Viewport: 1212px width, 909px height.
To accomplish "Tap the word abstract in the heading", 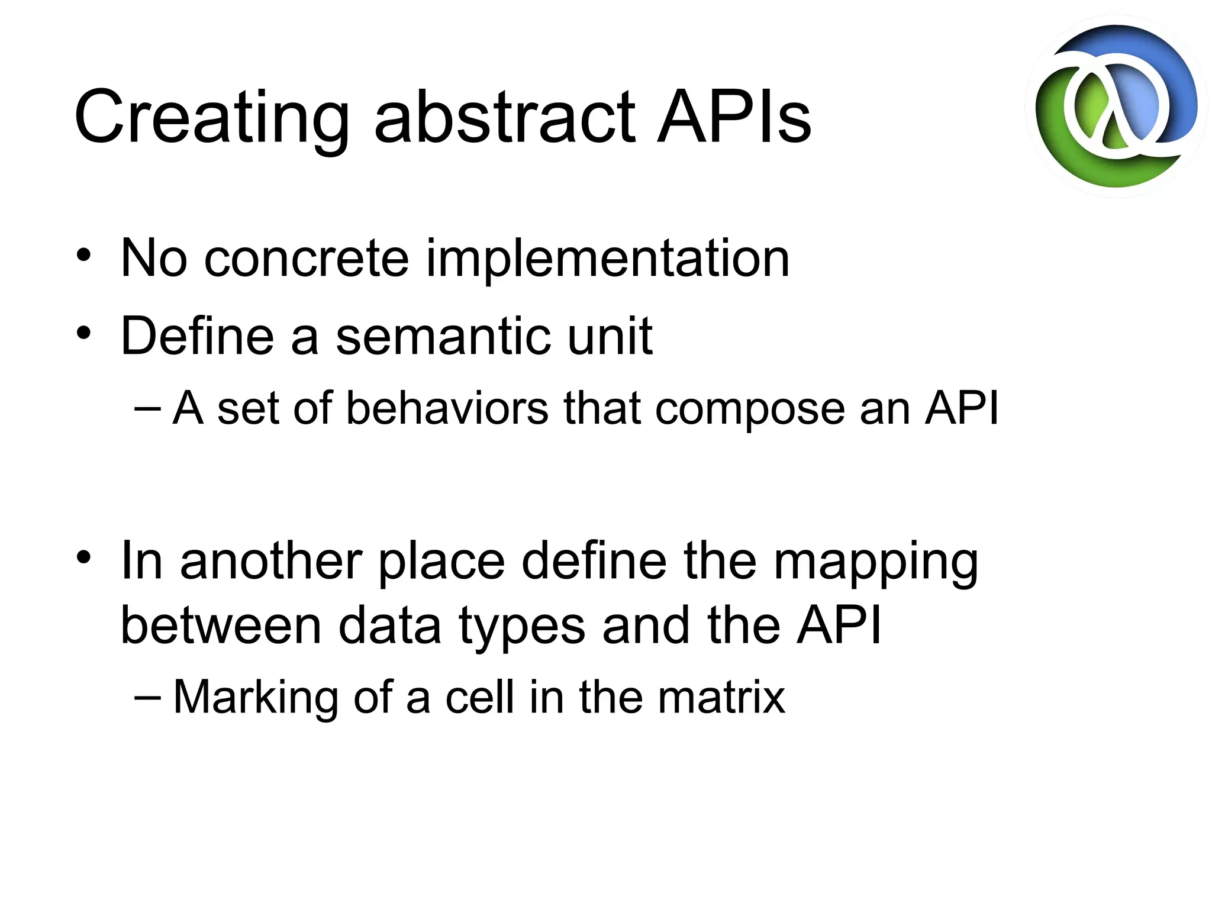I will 505,117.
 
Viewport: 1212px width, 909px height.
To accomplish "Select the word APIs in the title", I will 734,117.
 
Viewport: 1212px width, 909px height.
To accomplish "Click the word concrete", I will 306,259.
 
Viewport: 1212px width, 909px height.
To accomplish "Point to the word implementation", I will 608,259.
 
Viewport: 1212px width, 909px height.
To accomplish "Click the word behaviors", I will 447,408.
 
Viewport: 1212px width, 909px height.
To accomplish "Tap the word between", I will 221,626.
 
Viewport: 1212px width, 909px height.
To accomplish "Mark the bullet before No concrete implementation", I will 84,255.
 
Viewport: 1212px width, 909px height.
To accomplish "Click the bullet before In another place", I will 84,557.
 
